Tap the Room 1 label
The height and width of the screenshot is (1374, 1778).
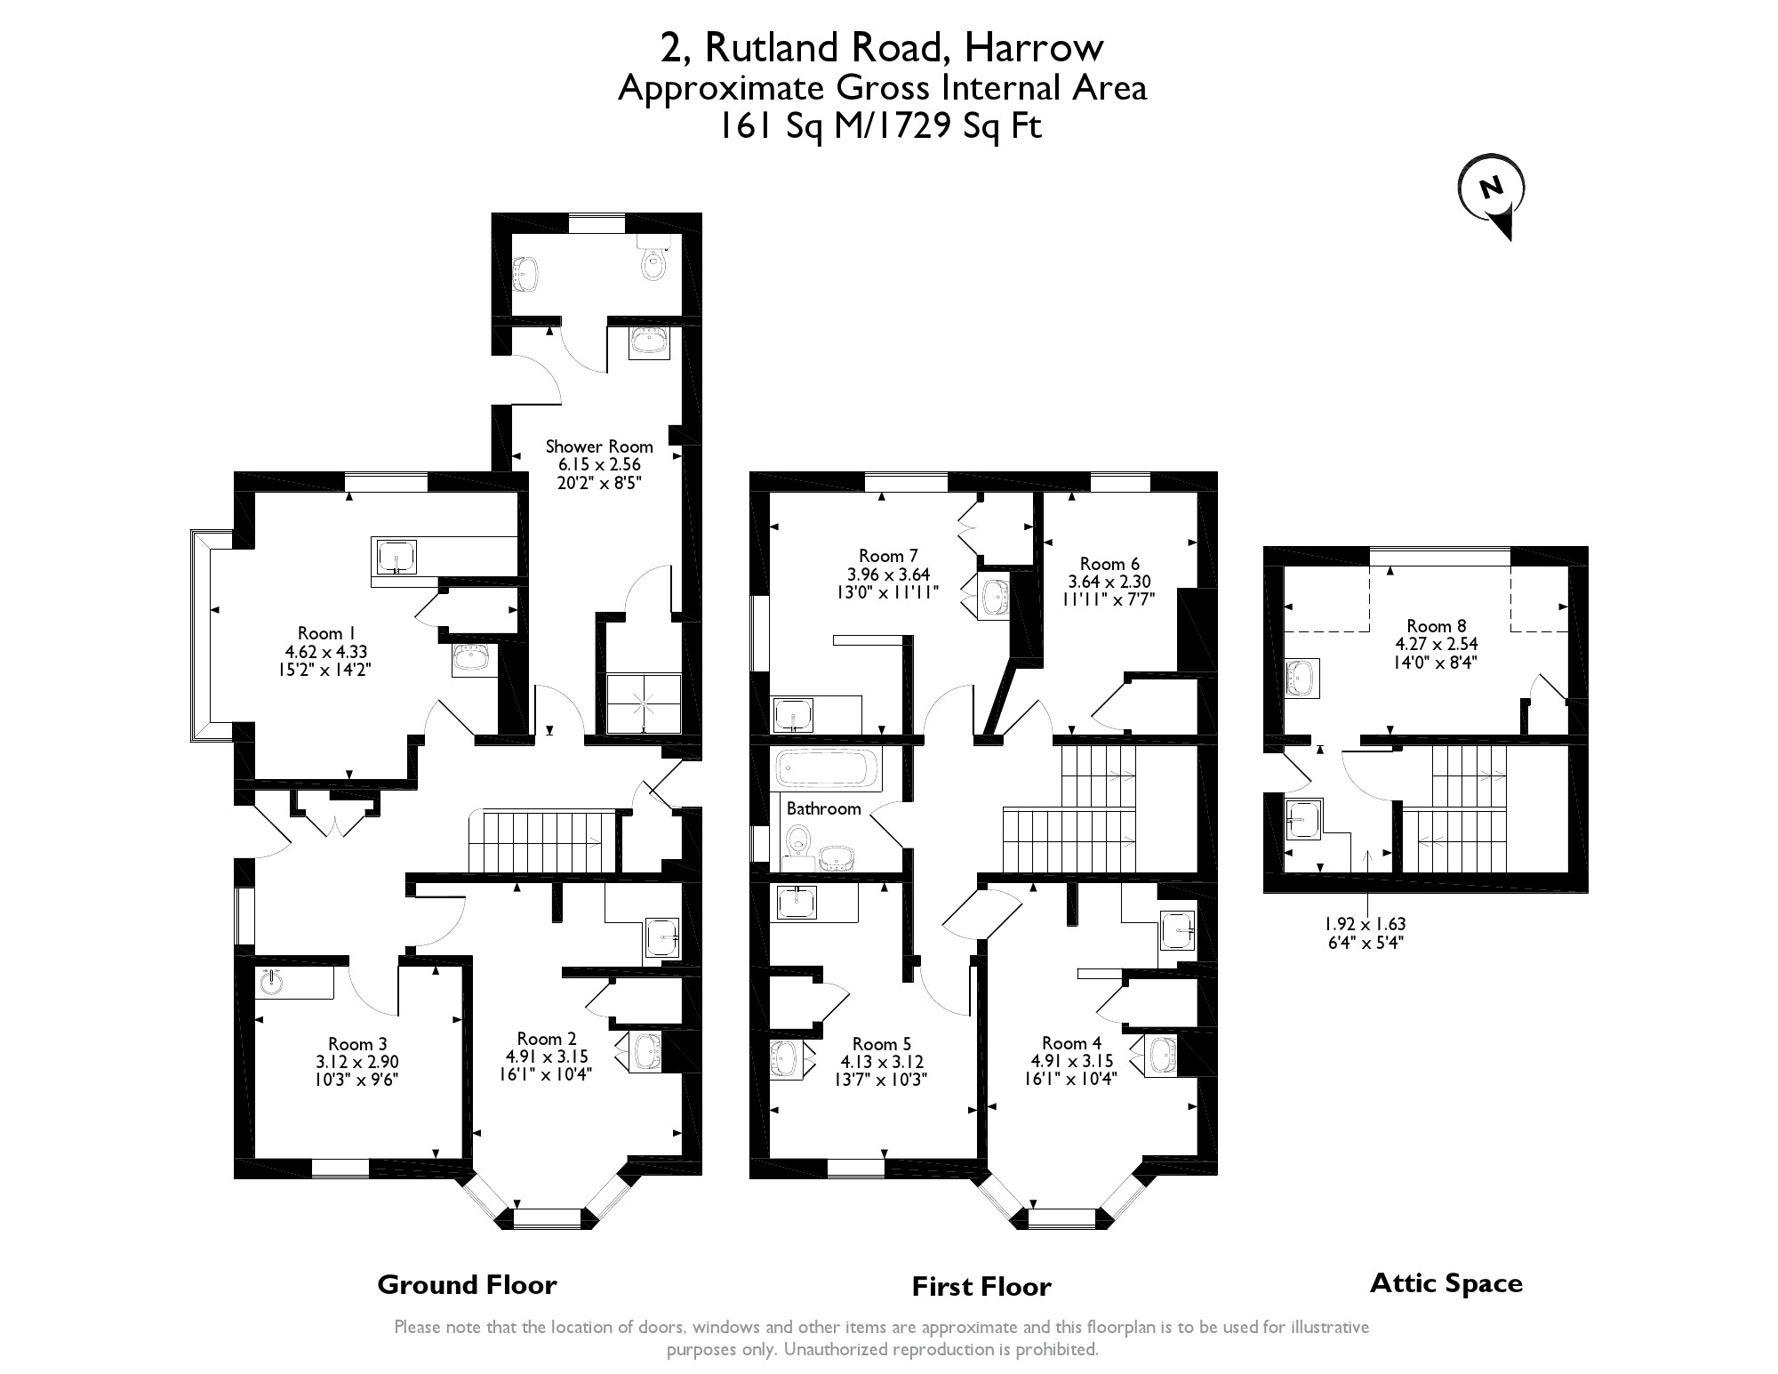(321, 633)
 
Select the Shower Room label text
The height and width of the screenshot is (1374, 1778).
(598, 446)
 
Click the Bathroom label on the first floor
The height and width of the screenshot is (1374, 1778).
(823, 808)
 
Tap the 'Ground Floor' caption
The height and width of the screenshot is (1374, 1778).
(467, 1284)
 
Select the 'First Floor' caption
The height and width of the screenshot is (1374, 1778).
(981, 1286)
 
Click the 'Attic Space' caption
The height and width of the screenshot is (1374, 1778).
(1446, 1282)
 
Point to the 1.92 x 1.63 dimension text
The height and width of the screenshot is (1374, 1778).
(1366, 924)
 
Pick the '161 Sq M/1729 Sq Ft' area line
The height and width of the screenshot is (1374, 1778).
(879, 127)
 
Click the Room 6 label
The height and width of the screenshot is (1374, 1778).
(1109, 564)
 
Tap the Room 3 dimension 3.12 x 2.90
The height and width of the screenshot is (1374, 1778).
(357, 1061)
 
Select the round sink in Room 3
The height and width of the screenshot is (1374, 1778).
(272, 983)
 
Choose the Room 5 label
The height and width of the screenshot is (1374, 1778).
(882, 1043)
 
